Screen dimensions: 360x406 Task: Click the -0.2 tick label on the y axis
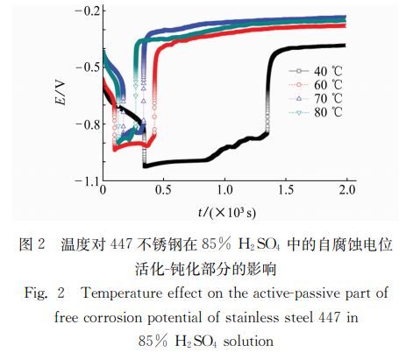point(85,11)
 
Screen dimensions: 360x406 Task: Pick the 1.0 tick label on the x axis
point(224,190)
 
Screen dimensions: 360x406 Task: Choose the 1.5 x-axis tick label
point(286,190)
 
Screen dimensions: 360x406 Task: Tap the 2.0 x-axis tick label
point(346,190)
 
